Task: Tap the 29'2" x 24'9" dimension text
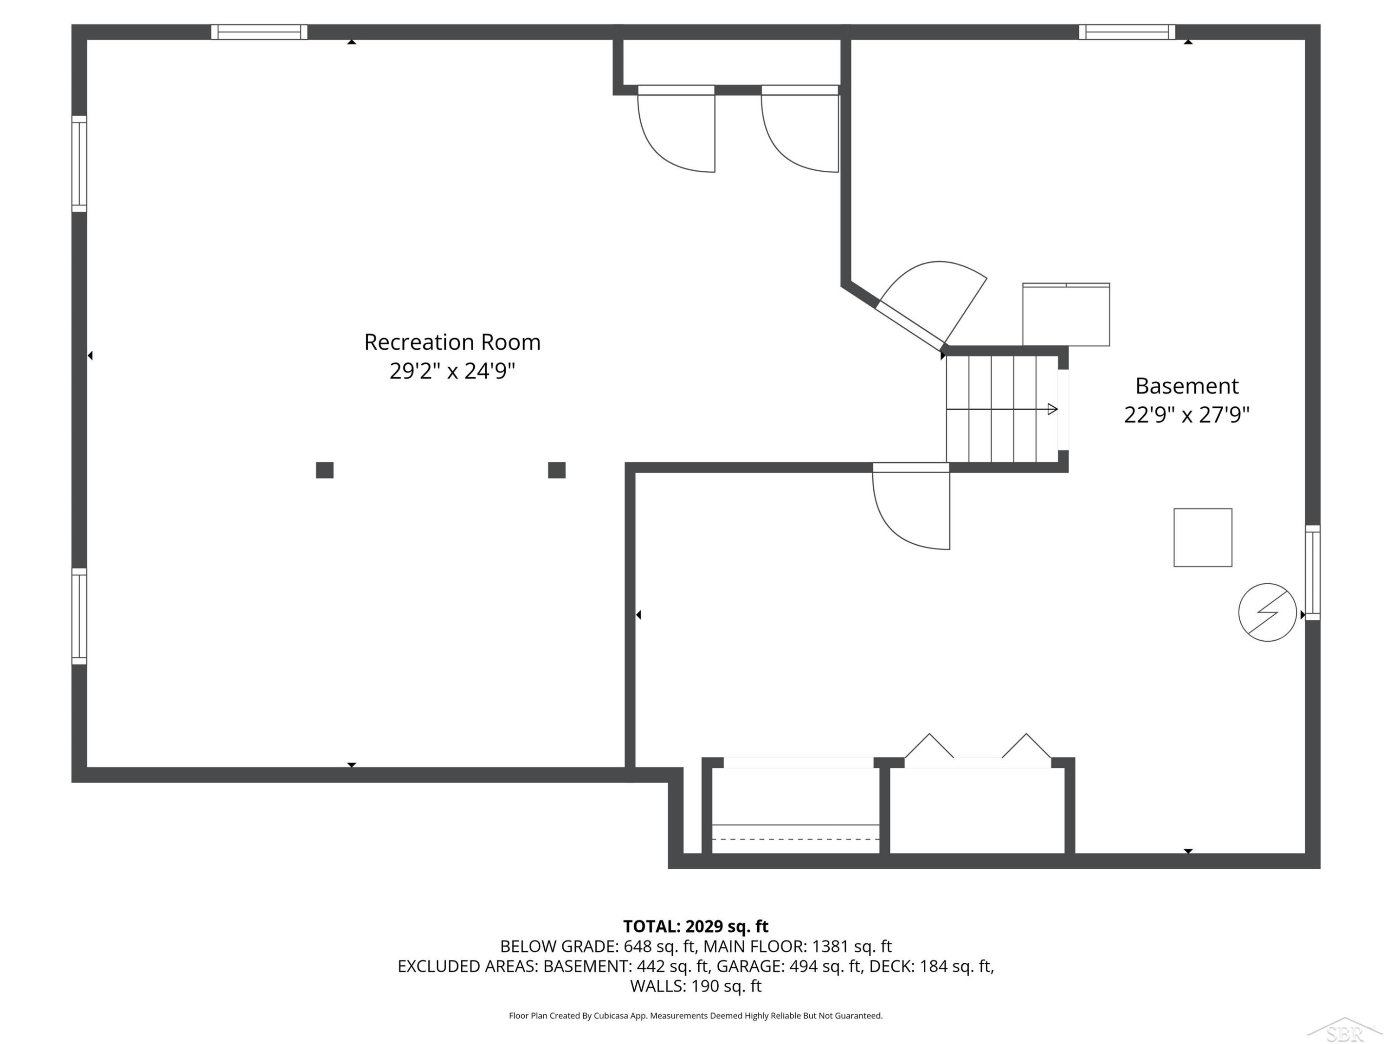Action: pos(452,371)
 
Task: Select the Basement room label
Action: pos(1187,385)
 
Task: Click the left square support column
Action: pos(325,470)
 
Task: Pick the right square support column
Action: pos(557,470)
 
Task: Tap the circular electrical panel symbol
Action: pos(1267,612)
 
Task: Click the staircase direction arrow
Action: pos(1002,409)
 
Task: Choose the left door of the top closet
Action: pos(677,129)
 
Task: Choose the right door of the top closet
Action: pos(800,129)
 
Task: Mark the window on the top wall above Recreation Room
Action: pos(259,32)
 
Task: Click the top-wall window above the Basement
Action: pos(1127,32)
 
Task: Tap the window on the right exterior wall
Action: pos(1313,573)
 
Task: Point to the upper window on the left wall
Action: pos(79,164)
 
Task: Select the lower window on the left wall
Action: pos(79,616)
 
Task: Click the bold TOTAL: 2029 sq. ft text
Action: pos(696,926)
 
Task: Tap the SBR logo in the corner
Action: pos(1344,1030)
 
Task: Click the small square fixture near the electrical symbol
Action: pos(1203,537)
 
